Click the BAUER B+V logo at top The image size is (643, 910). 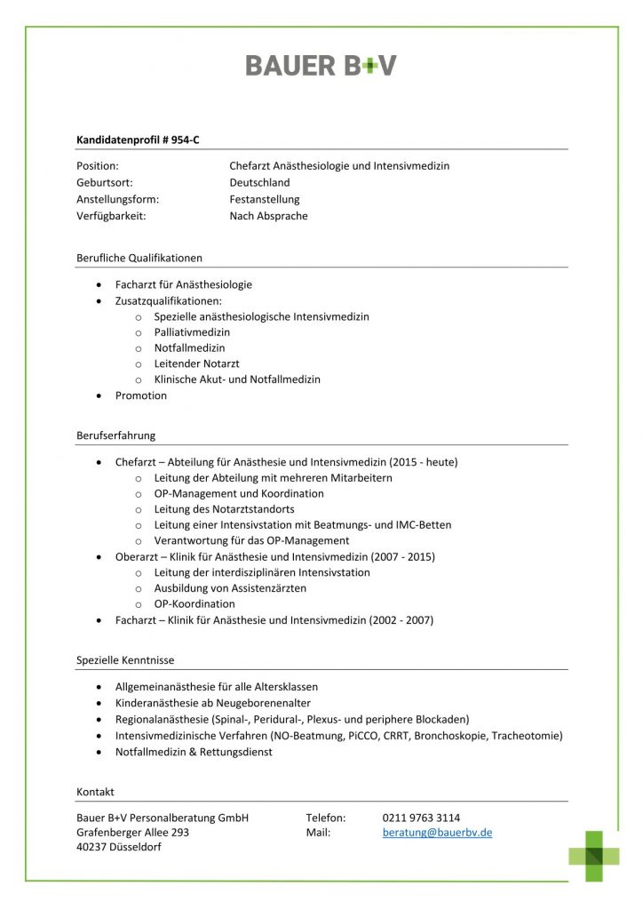[x=321, y=65]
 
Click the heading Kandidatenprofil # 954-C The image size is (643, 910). [x=138, y=140]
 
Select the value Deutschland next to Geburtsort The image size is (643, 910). [x=259, y=183]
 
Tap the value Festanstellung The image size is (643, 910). [x=265, y=199]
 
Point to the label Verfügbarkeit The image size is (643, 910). [x=111, y=216]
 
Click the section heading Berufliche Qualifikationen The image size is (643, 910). [x=139, y=258]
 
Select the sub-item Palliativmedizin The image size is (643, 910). [x=192, y=332]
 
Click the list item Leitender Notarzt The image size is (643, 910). [x=196, y=363]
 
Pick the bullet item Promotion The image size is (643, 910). [x=141, y=395]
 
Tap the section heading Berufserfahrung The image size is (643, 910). [x=116, y=435]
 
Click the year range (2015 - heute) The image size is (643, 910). [x=423, y=462]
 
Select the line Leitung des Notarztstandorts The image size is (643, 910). [x=224, y=509]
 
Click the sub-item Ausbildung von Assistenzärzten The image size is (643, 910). [x=230, y=587]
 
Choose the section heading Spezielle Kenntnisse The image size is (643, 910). [x=125, y=660]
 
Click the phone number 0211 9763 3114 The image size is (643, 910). [x=421, y=818]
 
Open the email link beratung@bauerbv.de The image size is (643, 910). [x=437, y=833]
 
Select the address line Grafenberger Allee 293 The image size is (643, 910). [x=133, y=833]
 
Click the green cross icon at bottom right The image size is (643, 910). [x=594, y=856]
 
